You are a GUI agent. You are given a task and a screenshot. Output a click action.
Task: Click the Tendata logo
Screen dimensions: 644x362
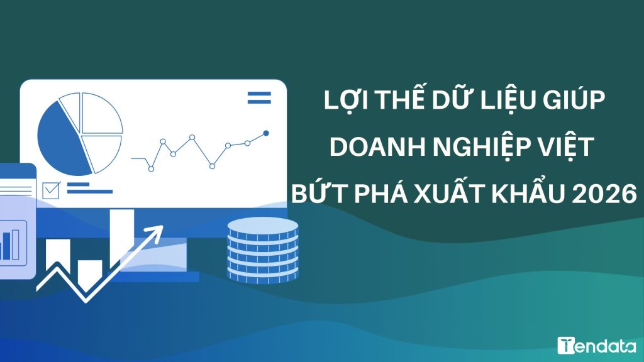click(x=597, y=345)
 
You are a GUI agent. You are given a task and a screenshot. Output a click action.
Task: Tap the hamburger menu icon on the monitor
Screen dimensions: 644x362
click(x=259, y=97)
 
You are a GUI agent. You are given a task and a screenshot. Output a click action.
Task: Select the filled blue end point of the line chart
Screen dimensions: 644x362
click(x=266, y=133)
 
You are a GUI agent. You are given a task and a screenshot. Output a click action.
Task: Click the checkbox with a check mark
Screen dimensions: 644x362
click(x=51, y=190)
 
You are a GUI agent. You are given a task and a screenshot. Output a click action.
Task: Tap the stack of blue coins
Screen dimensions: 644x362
click(x=263, y=250)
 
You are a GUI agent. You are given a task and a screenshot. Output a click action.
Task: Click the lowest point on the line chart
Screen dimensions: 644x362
click(x=151, y=168)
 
